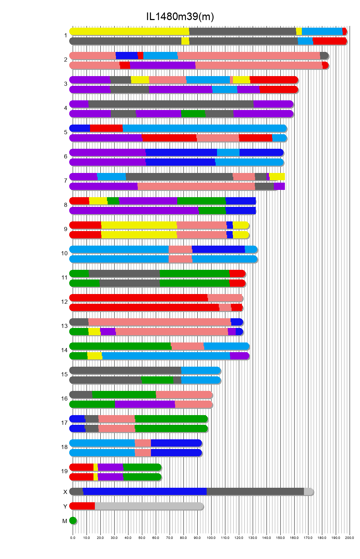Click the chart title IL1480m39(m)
pos(180,17)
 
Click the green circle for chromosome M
pos(73,521)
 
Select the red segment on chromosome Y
pos(82,506)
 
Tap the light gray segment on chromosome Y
pos(149,506)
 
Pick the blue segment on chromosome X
pos(145,492)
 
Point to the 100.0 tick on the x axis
pos(211,538)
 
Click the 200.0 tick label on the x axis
pos(350,538)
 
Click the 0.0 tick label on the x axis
pos(73,538)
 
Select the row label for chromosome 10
pos(64,254)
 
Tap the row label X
pos(65,492)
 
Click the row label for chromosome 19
pos(64,471)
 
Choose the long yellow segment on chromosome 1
pos(129,31)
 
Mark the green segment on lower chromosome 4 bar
pos(193,114)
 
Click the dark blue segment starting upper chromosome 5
pos(80,128)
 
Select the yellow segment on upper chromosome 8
pos(98,201)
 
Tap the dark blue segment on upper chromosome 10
pos(218,249)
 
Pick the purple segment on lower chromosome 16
pos(145,404)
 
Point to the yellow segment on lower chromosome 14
pos(94,356)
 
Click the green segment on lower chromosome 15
pos(157,380)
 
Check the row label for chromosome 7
pos(65,181)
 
